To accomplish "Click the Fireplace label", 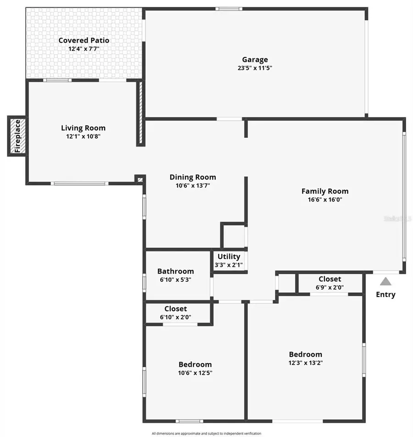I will point(17,136).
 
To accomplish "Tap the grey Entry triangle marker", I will point(385,281).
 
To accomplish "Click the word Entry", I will point(385,295).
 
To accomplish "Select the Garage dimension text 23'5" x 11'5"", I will point(255,68).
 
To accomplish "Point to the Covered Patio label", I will point(84,40).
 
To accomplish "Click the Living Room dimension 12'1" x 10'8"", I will point(84,136).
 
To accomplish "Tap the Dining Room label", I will point(193,177).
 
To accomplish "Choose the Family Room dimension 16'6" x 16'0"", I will point(325,200).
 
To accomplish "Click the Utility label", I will point(229,257).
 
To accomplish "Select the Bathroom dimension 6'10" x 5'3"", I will point(175,280).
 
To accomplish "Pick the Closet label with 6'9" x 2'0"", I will point(329,279).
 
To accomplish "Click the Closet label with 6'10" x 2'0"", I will point(176,309).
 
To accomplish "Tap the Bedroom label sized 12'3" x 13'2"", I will point(306,354).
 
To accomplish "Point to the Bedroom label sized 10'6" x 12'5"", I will point(195,364).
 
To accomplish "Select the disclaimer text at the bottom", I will point(206,433).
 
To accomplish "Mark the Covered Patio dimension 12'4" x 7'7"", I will point(84,49).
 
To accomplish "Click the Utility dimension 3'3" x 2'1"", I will point(229,265).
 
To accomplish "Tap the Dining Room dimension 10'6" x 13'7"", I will point(193,185).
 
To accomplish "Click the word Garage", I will point(255,60).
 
